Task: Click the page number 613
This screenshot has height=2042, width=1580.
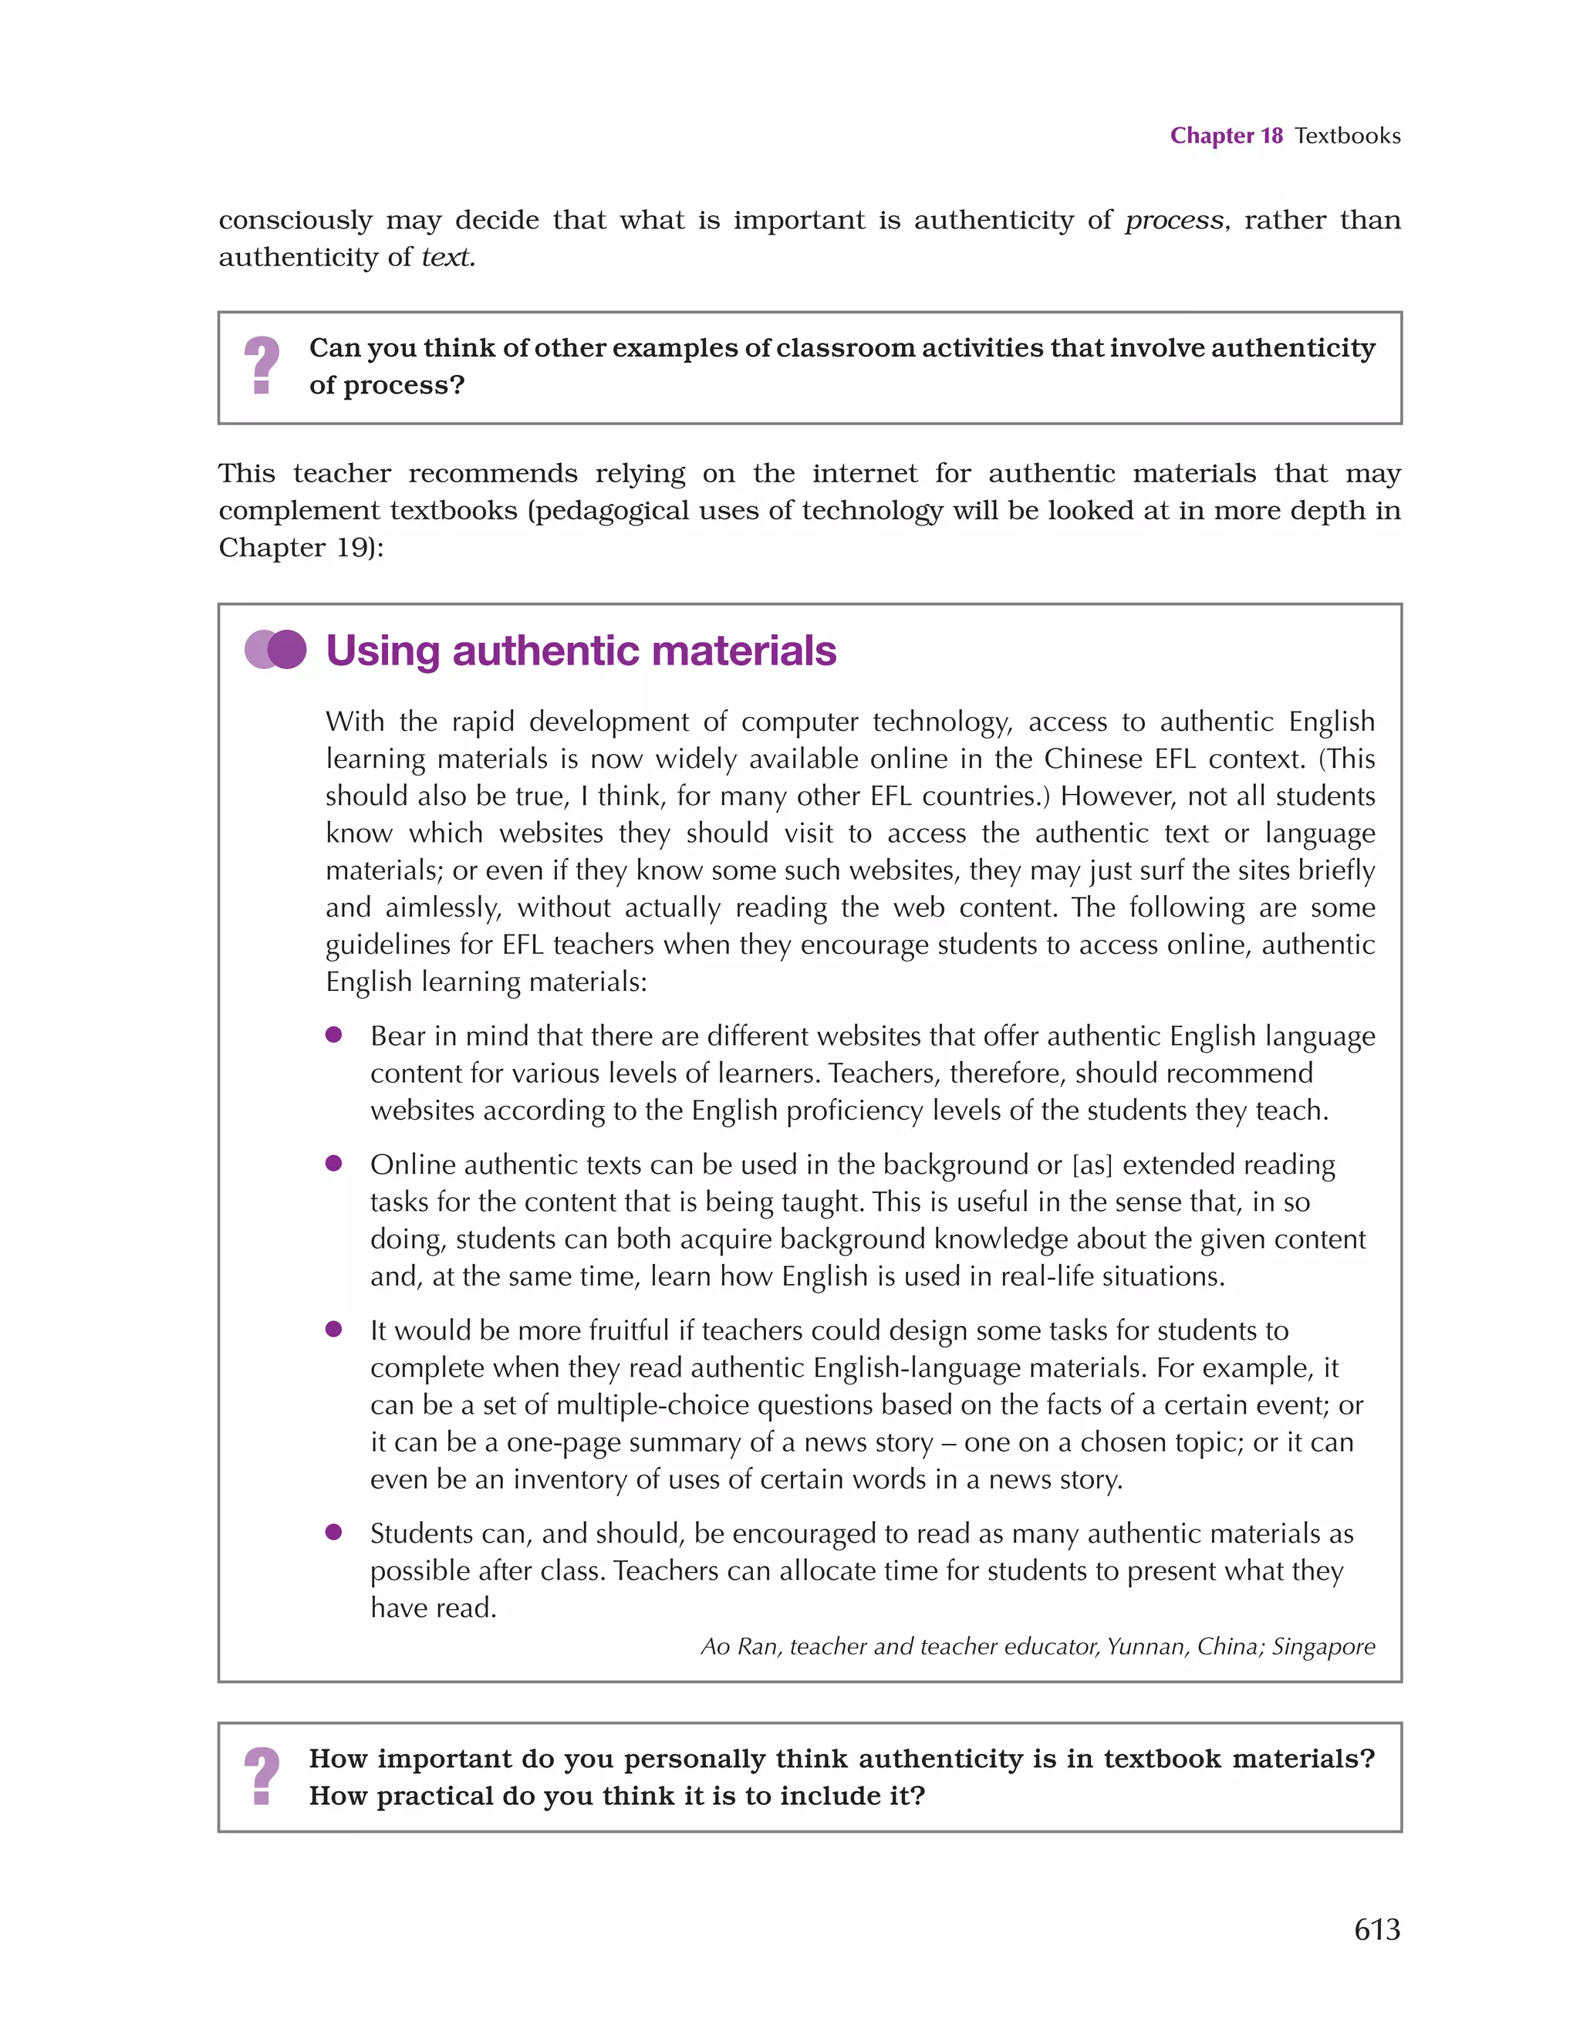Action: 1376,1929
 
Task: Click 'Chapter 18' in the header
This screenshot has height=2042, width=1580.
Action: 1226,136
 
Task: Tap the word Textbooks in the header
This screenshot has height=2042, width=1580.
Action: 1347,136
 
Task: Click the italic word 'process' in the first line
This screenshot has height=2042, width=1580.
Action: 1174,221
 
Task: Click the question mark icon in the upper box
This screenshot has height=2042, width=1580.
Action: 262,366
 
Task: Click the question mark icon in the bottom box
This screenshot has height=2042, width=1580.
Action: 262,1777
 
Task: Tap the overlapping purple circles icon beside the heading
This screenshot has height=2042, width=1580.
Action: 275,650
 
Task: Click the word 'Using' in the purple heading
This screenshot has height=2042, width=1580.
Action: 383,651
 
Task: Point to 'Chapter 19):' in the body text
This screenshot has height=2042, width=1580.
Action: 301,548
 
